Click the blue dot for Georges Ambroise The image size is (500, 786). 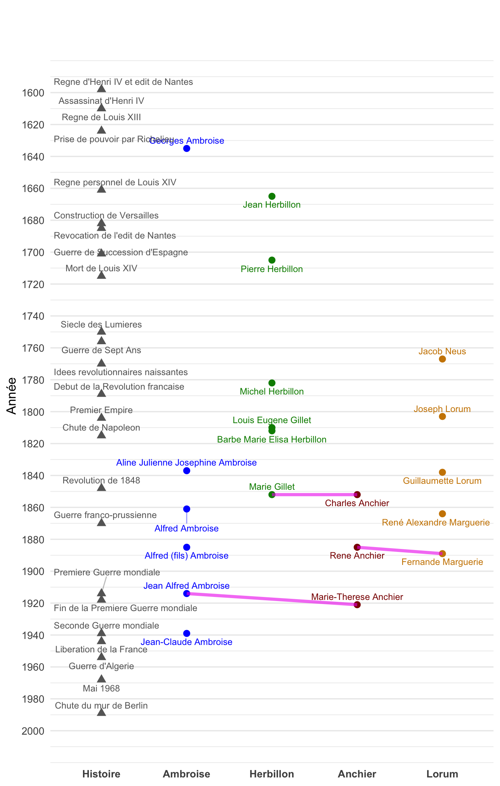click(x=187, y=148)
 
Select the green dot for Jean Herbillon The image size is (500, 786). click(x=272, y=196)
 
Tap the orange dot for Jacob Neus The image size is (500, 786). click(x=442, y=359)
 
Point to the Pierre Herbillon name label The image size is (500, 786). click(x=272, y=269)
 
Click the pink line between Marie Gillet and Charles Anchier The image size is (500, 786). click(x=314, y=495)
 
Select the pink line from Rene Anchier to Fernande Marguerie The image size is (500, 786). click(x=400, y=550)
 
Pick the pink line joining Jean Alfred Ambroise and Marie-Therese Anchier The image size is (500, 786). click(x=272, y=599)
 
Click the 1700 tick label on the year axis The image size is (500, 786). click(x=33, y=253)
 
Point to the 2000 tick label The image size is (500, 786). click(x=33, y=731)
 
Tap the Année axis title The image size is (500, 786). click(x=12, y=396)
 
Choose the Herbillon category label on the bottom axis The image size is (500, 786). click(x=272, y=774)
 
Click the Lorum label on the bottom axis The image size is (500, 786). click(x=442, y=774)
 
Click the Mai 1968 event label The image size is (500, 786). click(x=101, y=688)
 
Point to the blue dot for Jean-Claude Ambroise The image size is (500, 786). click(x=187, y=633)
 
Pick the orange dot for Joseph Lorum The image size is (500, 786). click(x=442, y=416)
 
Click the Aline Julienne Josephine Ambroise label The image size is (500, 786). click(x=186, y=463)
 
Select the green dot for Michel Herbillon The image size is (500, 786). click(x=272, y=383)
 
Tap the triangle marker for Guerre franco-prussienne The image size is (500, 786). click(x=102, y=523)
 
